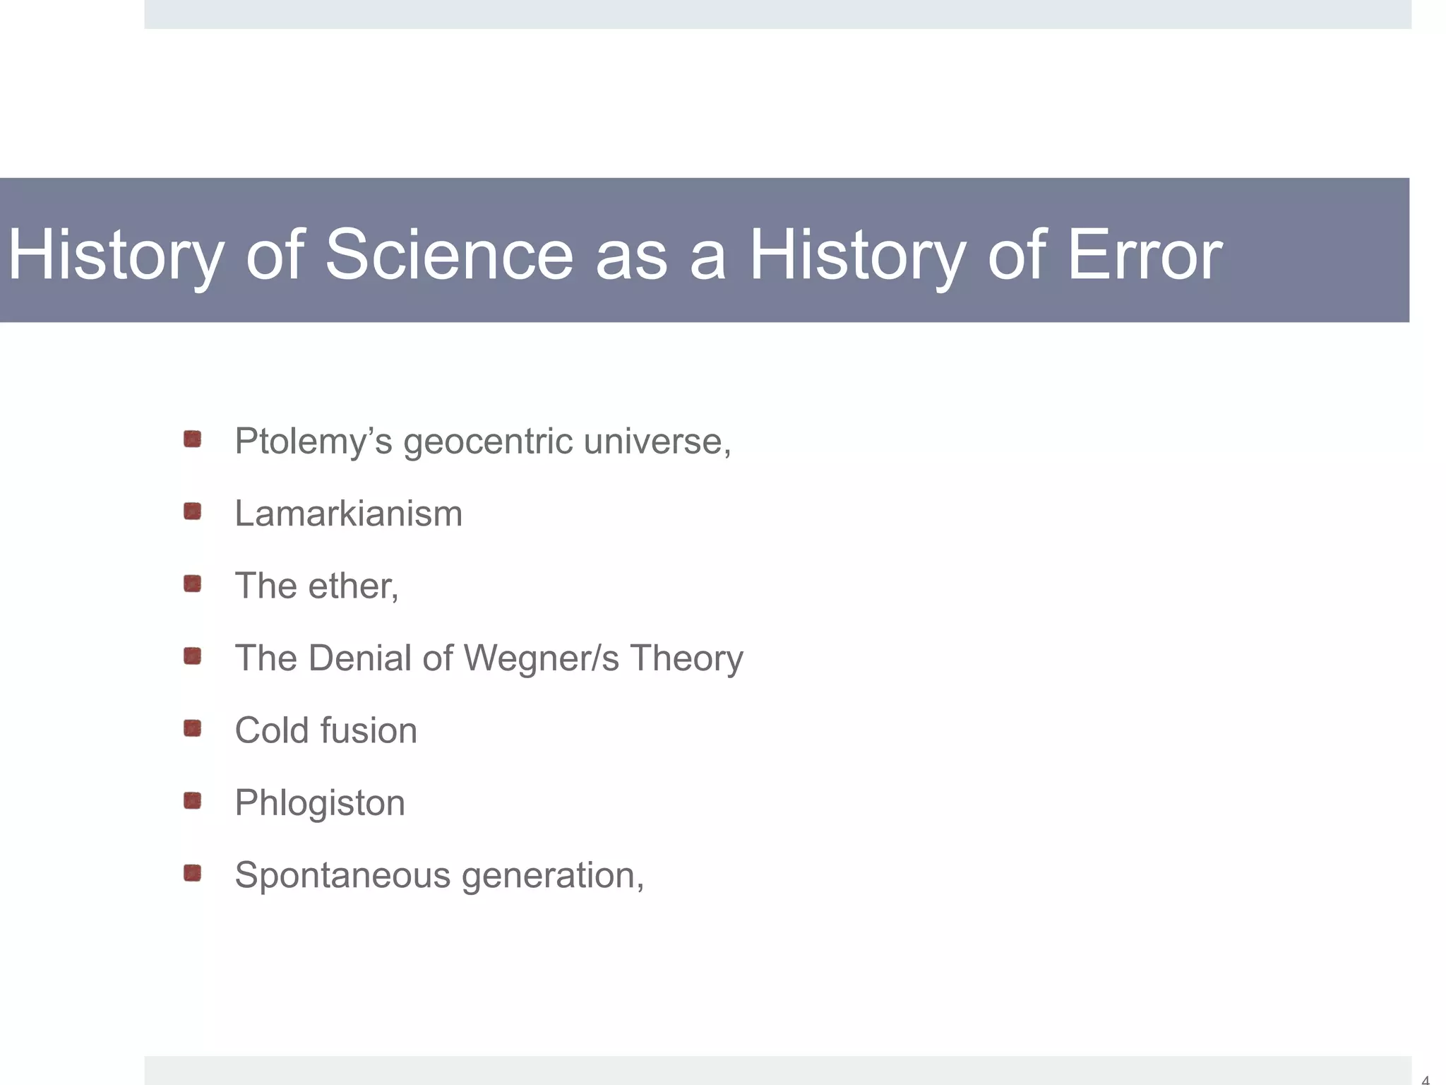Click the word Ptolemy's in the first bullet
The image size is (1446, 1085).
click(313, 442)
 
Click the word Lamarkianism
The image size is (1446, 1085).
click(348, 514)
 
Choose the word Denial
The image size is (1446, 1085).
click(360, 658)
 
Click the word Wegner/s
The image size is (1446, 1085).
click(541, 658)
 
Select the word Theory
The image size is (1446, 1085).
click(686, 658)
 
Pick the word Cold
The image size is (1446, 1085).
click(270, 730)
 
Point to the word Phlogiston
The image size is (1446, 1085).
click(320, 803)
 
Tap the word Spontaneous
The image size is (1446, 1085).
click(342, 876)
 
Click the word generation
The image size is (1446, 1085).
click(551, 876)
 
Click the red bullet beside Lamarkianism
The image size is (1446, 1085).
click(192, 511)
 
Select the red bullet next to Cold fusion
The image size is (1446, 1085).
click(192, 728)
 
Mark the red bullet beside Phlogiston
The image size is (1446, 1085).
click(192, 801)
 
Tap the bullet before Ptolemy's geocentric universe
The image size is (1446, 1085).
click(192, 439)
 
